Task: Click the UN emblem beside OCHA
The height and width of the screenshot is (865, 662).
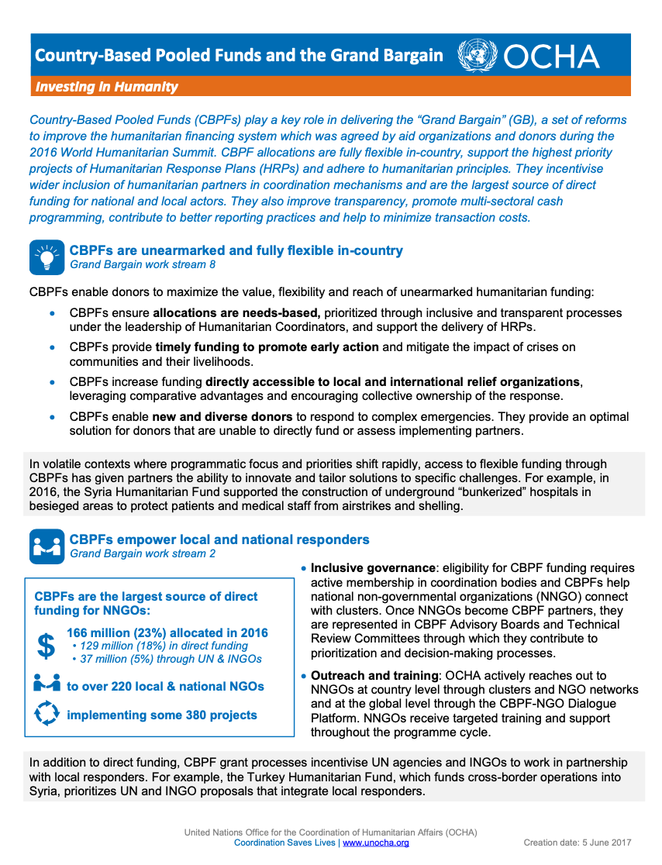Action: [x=478, y=57]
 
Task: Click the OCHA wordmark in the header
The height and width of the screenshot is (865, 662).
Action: [x=551, y=57]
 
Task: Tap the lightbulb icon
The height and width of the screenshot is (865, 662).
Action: [x=47, y=257]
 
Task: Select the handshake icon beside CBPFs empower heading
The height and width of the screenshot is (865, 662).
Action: [x=47, y=546]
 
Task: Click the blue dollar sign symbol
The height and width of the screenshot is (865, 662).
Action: [x=47, y=646]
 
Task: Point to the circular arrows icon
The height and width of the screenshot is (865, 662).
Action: [x=47, y=715]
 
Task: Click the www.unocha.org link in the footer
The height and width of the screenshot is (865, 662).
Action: [x=376, y=843]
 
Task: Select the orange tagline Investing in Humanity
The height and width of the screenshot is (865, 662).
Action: [x=106, y=87]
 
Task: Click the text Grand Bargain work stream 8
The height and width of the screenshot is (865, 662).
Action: [x=143, y=265]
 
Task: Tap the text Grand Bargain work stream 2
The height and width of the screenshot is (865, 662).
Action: [x=143, y=553]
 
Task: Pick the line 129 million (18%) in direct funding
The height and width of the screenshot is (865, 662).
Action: [x=160, y=646]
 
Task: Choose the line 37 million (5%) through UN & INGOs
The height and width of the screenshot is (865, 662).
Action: [x=167, y=659]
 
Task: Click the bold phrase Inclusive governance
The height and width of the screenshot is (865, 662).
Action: [x=373, y=568]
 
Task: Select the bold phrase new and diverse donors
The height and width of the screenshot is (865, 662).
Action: [x=222, y=417]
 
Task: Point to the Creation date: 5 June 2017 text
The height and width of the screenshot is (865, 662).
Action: [x=577, y=843]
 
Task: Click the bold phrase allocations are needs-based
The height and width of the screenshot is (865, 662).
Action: [x=236, y=313]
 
